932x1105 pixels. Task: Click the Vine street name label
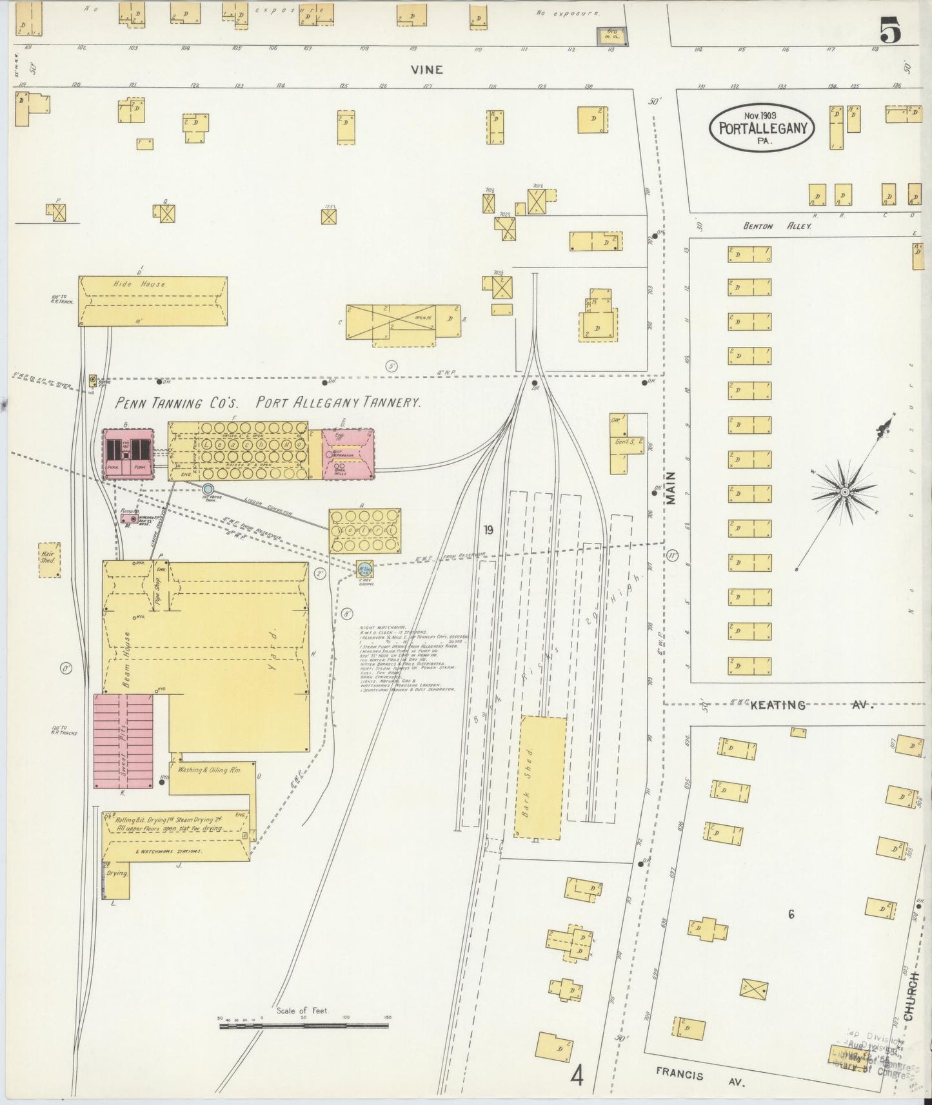point(426,70)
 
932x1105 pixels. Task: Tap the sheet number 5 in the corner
point(891,32)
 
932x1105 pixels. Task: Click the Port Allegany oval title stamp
point(762,128)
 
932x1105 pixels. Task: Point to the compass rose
point(844,492)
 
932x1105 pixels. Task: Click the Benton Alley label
point(777,226)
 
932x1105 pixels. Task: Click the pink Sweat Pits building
point(124,741)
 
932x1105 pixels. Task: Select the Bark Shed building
point(540,776)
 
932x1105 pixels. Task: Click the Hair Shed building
point(50,559)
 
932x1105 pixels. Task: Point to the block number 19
point(488,530)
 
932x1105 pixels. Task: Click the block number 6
point(791,914)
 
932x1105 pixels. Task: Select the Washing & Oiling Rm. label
point(209,770)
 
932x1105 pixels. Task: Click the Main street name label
point(671,488)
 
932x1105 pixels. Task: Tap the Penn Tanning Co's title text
point(177,404)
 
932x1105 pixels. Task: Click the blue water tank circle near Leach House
point(208,490)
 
